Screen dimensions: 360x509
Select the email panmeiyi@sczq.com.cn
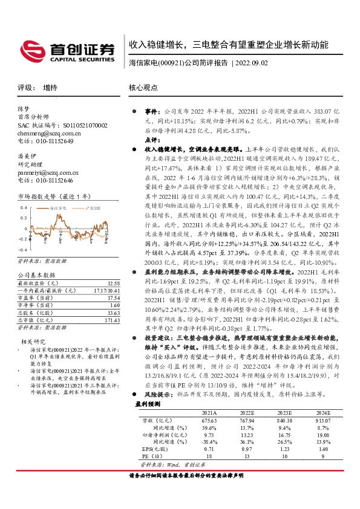(46, 172)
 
